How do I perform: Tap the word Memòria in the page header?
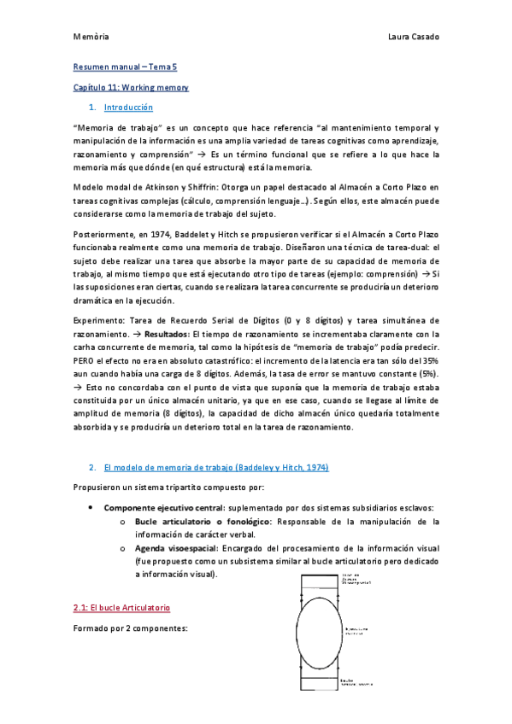point(91,38)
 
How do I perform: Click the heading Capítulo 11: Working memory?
point(131,87)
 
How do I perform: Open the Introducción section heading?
point(127,108)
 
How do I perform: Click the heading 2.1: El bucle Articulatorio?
point(121,607)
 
